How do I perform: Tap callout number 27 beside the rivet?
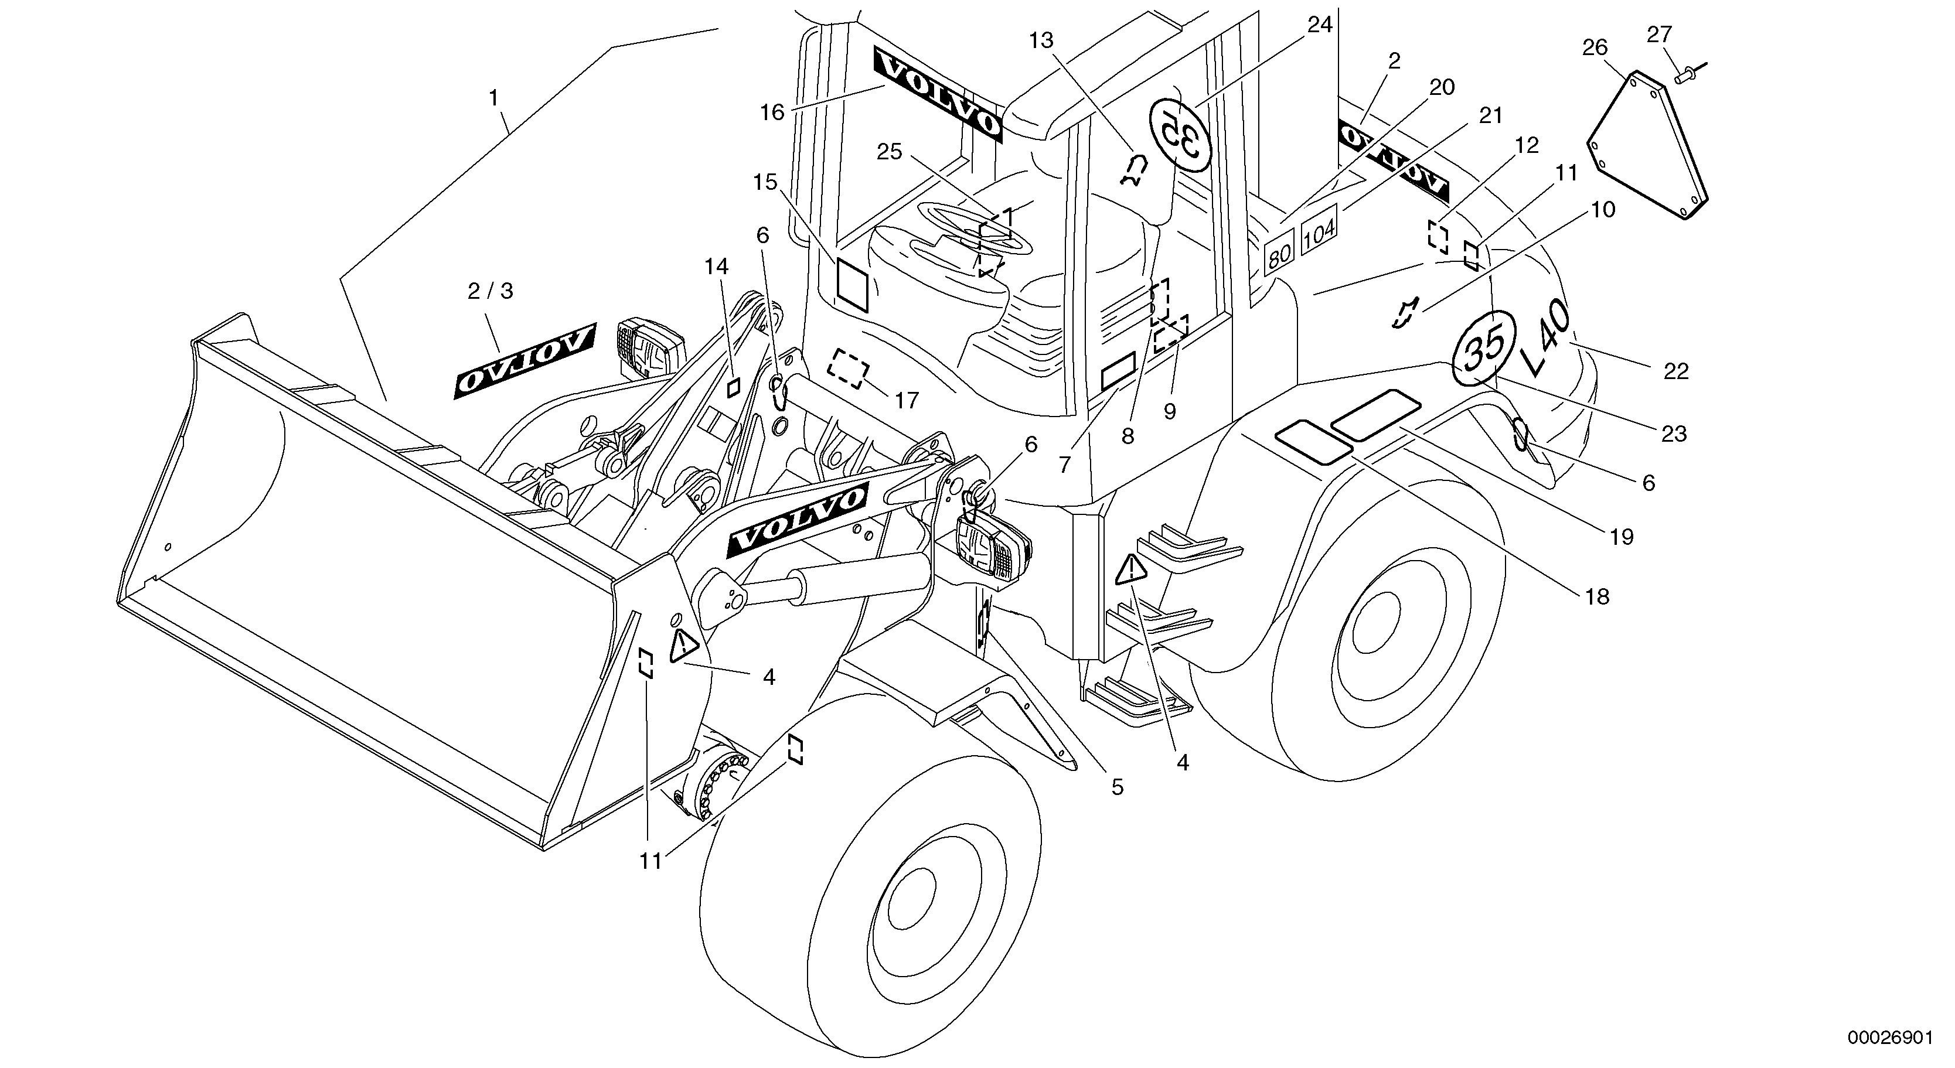[x=1659, y=34]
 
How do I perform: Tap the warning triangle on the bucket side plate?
[x=684, y=646]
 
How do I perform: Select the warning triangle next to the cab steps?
[x=1130, y=569]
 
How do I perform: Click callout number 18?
[x=1598, y=596]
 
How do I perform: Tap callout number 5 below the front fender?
[x=1117, y=787]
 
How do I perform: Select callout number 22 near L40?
[x=1675, y=371]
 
